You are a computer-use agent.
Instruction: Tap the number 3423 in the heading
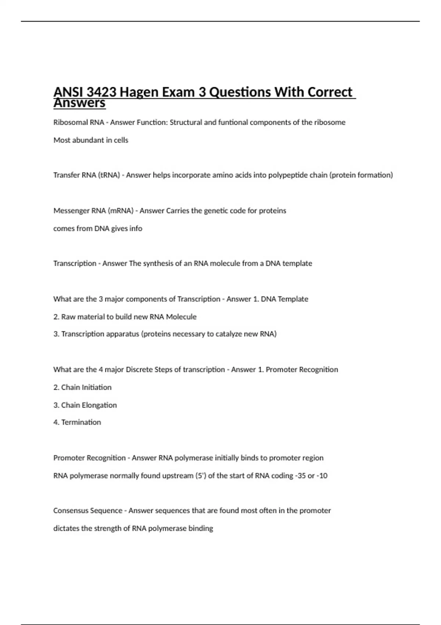pos(101,92)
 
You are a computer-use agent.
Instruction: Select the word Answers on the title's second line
pos(79,103)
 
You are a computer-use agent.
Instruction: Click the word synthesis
pos(156,263)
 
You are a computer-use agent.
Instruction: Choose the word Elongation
pos(99,405)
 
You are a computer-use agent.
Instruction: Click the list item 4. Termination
pos(77,422)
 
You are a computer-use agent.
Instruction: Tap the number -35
pos(300,475)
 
